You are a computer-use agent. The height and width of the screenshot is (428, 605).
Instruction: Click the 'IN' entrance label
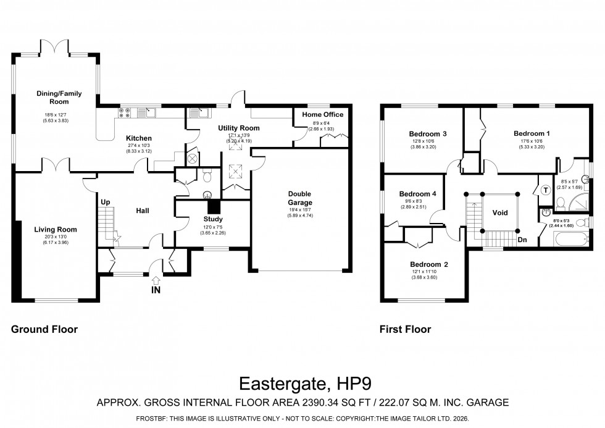(x=156, y=290)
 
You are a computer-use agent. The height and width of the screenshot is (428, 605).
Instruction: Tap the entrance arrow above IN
(x=156, y=280)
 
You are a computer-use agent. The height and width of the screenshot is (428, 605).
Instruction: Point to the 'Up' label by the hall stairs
(x=106, y=202)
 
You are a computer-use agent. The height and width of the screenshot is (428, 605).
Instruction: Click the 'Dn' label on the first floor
(x=522, y=240)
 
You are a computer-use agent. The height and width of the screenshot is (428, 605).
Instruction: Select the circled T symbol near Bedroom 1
(x=545, y=190)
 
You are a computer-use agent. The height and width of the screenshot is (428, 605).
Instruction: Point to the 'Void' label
(x=499, y=212)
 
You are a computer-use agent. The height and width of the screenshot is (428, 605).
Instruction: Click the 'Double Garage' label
(x=300, y=198)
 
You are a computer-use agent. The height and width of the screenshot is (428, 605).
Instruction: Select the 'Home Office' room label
(x=322, y=115)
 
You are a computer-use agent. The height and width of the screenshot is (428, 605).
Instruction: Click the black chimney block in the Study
(x=214, y=206)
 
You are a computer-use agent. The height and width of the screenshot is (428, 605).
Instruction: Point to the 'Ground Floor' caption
(x=44, y=330)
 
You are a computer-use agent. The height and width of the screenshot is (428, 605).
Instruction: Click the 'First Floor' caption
(x=405, y=330)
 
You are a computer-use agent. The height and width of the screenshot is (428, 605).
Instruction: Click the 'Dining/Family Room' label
(x=59, y=98)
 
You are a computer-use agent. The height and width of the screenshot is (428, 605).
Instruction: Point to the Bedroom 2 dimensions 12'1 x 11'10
(x=424, y=272)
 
